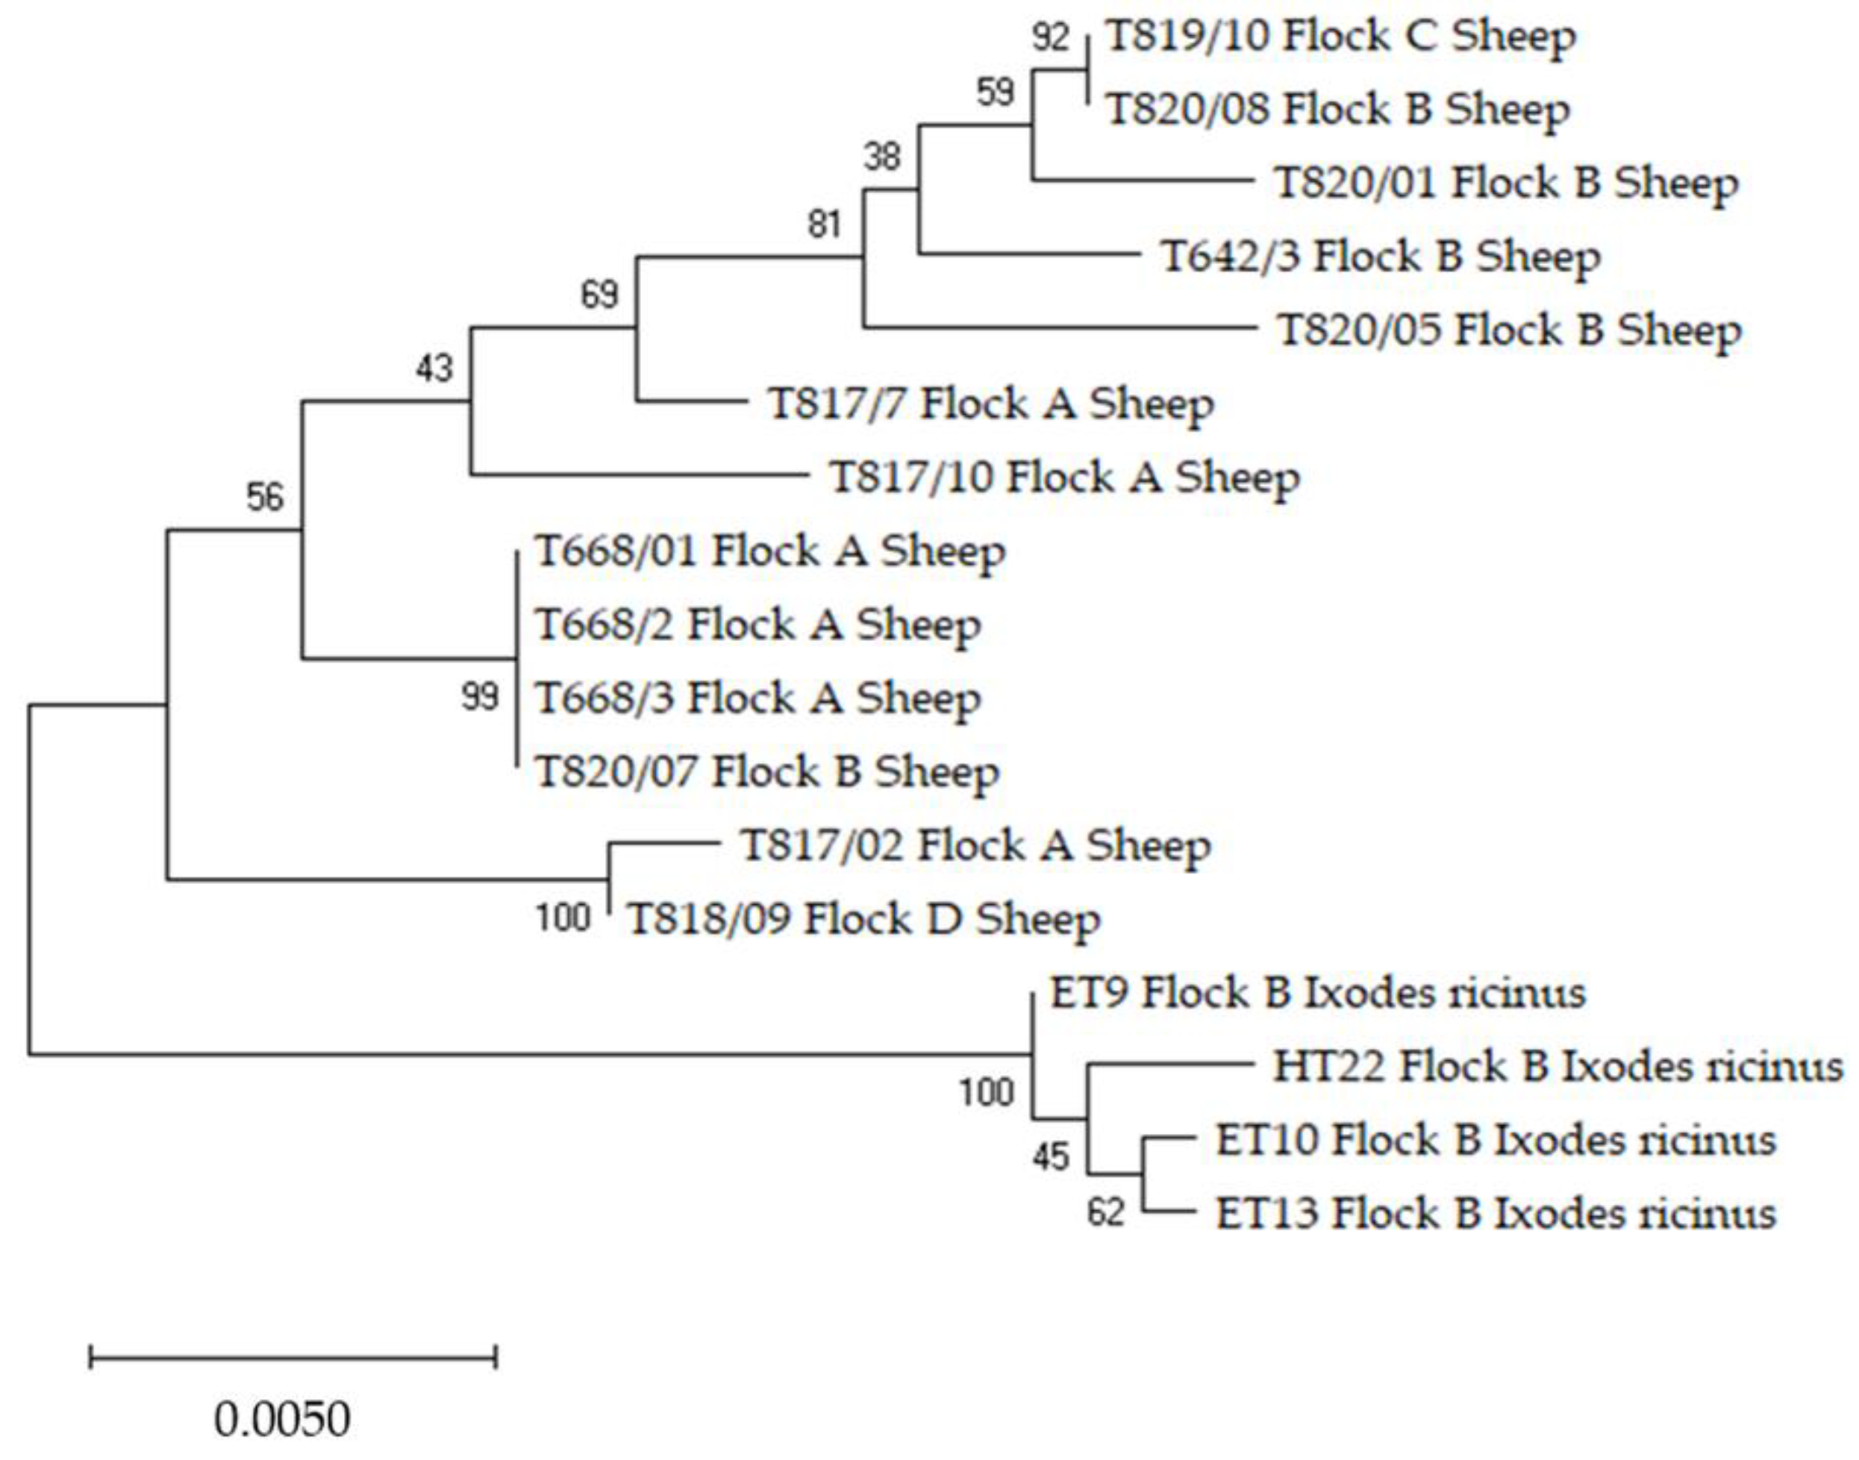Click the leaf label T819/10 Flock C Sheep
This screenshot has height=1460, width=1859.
pos(1340,37)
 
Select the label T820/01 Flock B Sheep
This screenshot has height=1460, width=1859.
pos(1506,184)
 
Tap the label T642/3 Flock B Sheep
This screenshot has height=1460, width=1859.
pos(1380,257)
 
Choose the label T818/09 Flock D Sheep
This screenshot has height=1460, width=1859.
pos(863,920)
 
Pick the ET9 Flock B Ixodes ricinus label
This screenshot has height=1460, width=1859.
pos(1317,993)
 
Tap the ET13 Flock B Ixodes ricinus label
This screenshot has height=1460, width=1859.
pos(1496,1214)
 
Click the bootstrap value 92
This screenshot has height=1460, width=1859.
pos(1051,37)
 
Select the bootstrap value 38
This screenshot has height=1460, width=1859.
pos(881,157)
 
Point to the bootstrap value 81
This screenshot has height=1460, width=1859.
pos(825,225)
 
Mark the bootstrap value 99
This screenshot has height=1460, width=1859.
pos(480,697)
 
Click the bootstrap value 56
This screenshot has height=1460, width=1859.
pos(265,497)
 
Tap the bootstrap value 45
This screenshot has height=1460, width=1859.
pos(1050,1157)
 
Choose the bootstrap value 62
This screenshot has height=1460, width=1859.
pos(1105,1212)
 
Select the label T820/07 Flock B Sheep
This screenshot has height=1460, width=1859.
pos(767,773)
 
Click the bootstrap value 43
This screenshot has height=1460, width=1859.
pos(434,369)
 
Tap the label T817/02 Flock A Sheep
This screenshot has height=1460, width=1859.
pos(975,846)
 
